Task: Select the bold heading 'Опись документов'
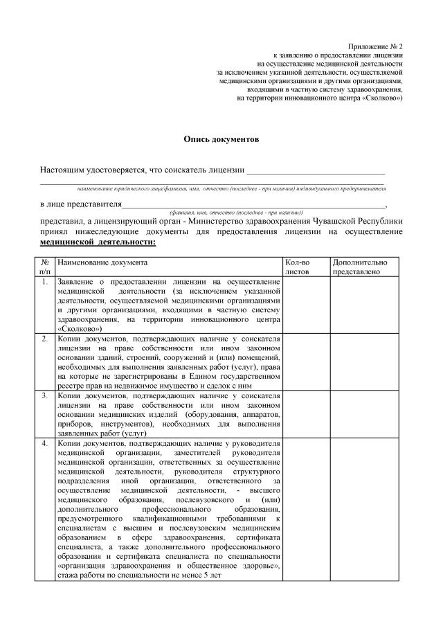[x=221, y=139]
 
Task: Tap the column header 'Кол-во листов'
[x=298, y=268]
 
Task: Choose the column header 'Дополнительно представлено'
[x=359, y=268]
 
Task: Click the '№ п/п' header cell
[x=44, y=268]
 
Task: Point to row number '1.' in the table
[x=44, y=283]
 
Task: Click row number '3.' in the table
[x=44, y=395]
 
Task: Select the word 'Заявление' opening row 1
[x=76, y=283]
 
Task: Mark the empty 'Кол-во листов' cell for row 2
[x=305, y=361]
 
